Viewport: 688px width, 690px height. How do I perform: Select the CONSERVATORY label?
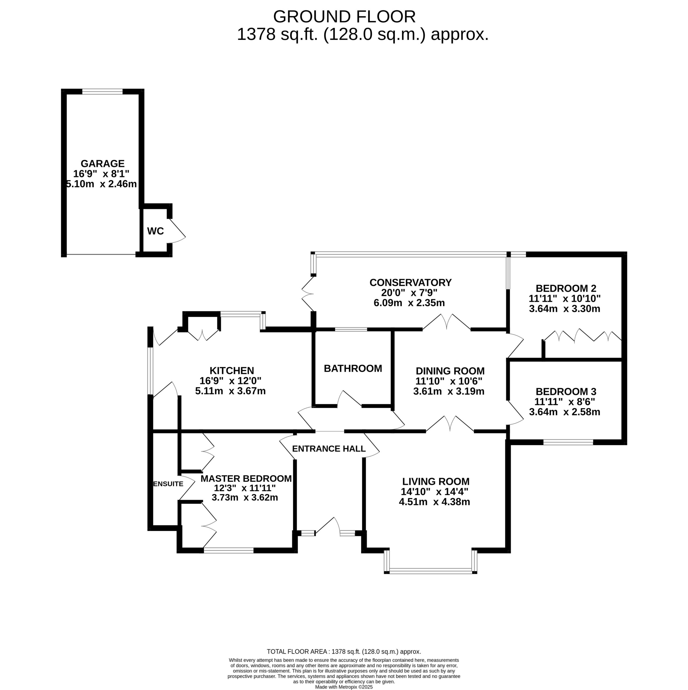tap(411, 282)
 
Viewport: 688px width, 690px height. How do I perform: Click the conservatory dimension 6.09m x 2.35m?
tap(409, 303)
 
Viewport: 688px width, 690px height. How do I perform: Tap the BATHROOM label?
tap(353, 368)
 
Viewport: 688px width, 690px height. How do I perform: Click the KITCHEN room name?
tap(232, 370)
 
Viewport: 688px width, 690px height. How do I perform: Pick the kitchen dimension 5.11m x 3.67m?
tap(230, 391)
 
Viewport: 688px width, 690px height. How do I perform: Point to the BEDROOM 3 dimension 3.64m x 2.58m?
tap(565, 412)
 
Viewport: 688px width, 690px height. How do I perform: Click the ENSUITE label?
tap(168, 484)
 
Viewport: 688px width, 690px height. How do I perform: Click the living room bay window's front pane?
tap(431, 571)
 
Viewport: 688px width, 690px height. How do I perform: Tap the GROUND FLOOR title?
tap(344, 16)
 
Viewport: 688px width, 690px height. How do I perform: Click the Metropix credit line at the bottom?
tap(344, 687)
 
